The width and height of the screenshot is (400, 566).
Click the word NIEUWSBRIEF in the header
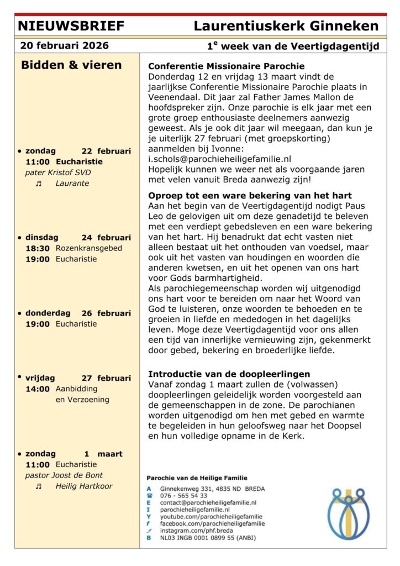pos(71,26)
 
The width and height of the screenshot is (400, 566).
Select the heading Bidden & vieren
pos(71,65)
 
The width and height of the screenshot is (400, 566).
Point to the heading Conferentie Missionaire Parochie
pos(226,66)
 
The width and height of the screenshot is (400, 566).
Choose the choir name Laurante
pos(72,183)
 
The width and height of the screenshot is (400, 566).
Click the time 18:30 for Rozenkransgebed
pos(38,248)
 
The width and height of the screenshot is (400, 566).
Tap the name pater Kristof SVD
pos(58,172)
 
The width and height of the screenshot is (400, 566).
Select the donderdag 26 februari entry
pos(77,313)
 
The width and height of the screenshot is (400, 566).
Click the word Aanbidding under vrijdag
pos(76,389)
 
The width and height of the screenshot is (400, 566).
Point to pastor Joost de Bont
pos(64,475)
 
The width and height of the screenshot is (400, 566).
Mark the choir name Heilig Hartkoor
pos(83,486)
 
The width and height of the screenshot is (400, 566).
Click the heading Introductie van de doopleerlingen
pos(229,374)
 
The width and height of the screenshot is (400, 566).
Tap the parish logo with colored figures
pos(348,513)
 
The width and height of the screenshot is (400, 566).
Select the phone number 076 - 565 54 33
pos(183,496)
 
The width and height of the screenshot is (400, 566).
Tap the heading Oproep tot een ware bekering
pos(250,196)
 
